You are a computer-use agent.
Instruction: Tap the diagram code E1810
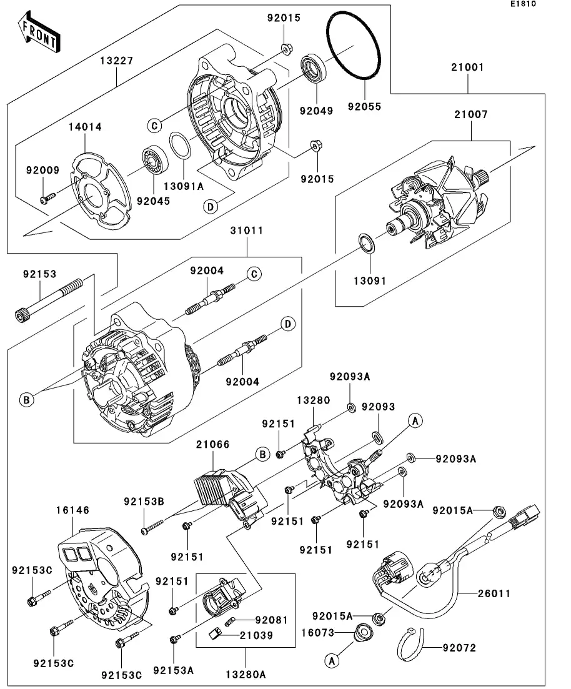click(x=522, y=4)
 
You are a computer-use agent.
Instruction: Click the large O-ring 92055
click(x=354, y=46)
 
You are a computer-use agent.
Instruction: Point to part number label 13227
click(x=116, y=61)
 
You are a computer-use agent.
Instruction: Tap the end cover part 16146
click(x=103, y=572)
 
